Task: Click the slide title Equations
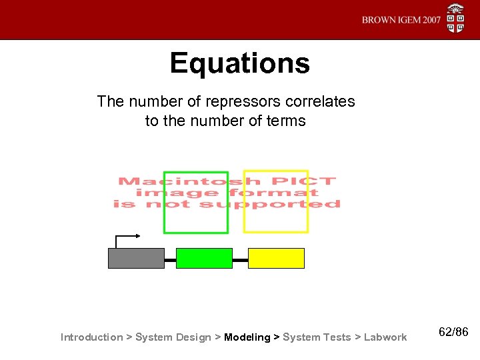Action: tap(239, 64)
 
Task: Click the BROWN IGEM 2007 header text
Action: tap(401, 20)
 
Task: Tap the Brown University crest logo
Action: tap(456, 18)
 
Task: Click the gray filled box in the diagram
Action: tap(136, 258)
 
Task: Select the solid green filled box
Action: tap(204, 258)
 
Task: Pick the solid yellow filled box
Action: tap(276, 258)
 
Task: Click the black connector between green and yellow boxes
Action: tap(240, 259)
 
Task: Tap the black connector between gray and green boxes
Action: tap(170, 259)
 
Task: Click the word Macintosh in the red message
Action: tap(174, 181)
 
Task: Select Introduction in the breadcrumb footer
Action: tap(91, 337)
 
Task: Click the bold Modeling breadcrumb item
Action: tap(247, 337)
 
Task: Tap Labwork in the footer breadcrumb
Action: tap(385, 337)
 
